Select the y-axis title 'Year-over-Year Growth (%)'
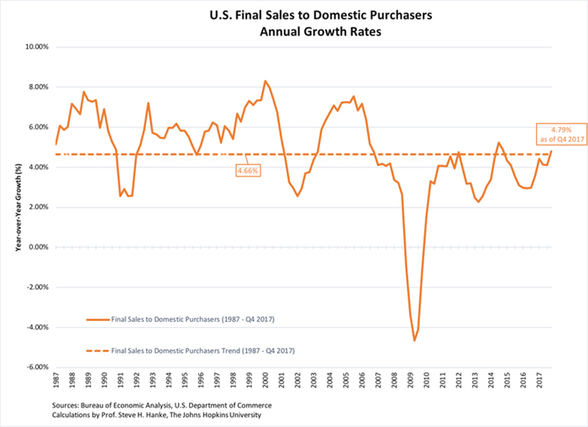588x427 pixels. pyautogui.click(x=13, y=207)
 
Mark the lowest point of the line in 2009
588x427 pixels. pyautogui.click(x=414, y=340)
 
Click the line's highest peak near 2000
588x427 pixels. pyautogui.click(x=265, y=82)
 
